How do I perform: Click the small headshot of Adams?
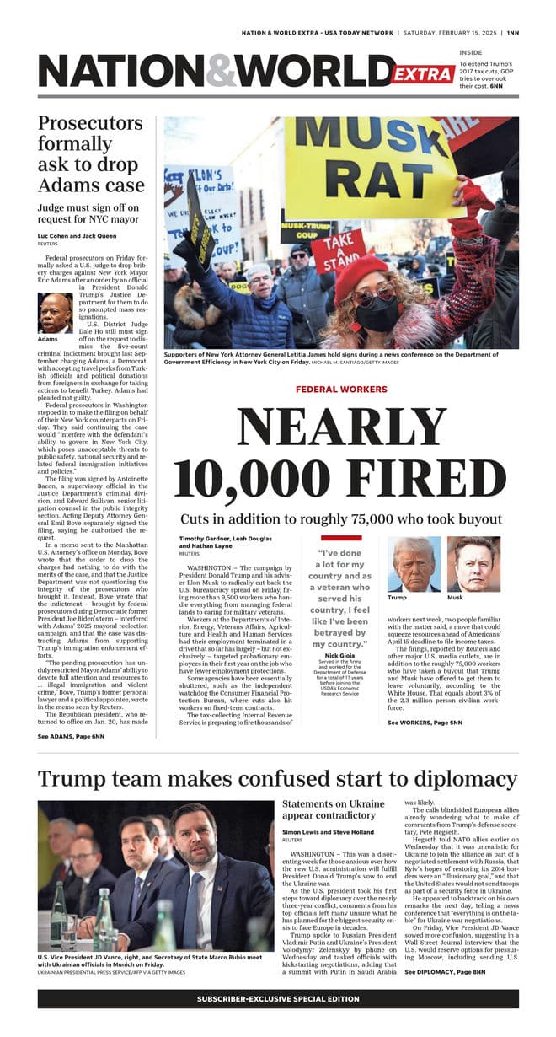[56, 313]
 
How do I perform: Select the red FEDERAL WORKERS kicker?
[341, 390]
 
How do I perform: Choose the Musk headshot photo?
[473, 564]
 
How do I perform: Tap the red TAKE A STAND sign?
[339, 250]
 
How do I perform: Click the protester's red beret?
[361, 271]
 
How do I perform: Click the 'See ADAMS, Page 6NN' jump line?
[71, 736]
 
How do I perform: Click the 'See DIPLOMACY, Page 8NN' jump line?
[445, 972]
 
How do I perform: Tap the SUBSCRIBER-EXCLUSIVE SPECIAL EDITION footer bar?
[278, 999]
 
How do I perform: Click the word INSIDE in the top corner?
[471, 52]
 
